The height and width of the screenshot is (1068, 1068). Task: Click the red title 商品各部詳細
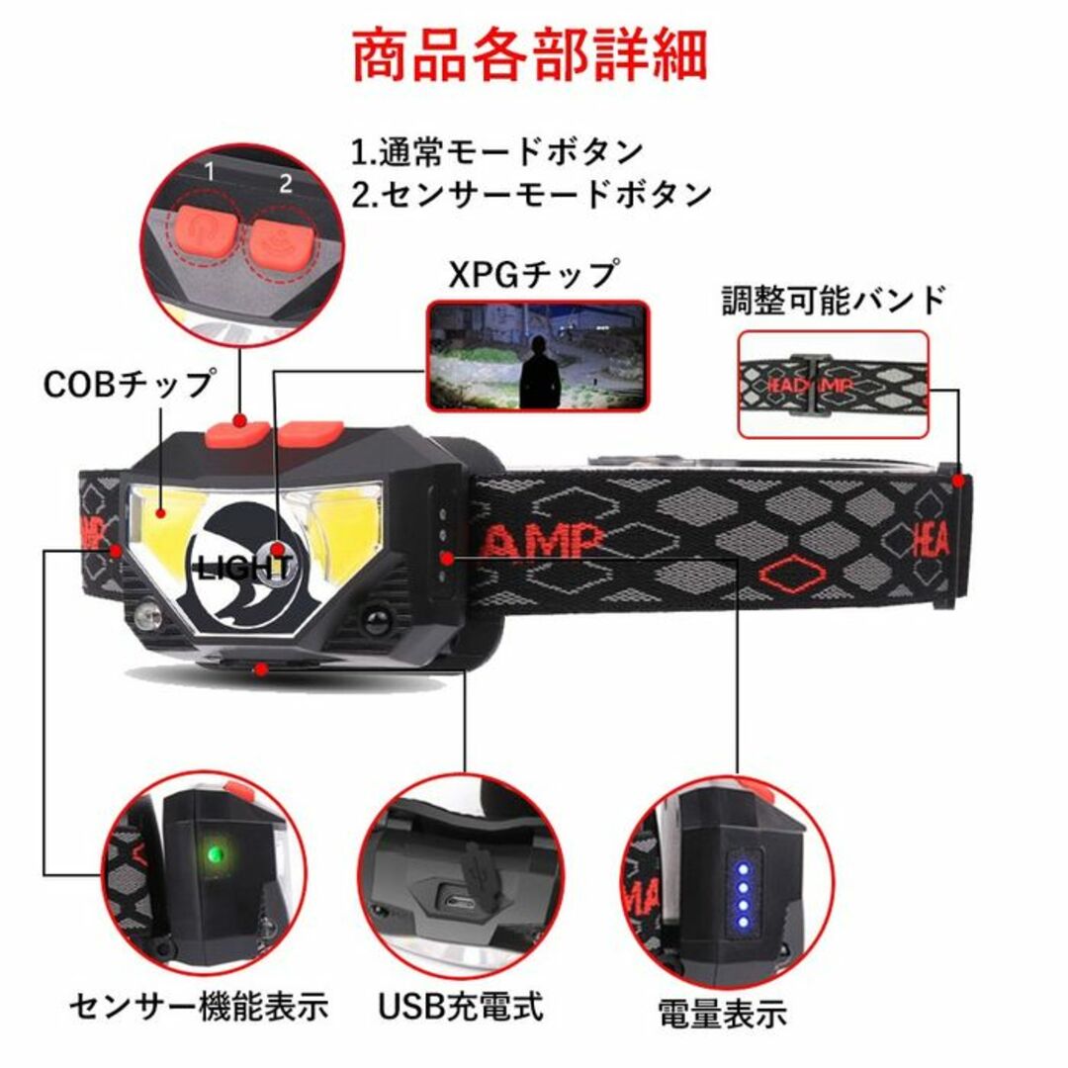point(530,54)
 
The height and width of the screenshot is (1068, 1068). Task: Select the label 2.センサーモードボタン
point(532,194)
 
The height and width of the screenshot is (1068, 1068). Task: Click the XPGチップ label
point(533,275)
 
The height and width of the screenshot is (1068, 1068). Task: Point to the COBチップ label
point(129,385)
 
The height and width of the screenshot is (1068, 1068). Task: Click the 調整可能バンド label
point(834,301)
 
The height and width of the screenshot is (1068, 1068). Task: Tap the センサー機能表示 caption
point(199,1007)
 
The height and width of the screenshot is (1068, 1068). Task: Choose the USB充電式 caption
point(461,1007)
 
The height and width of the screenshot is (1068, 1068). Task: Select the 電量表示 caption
point(723,1013)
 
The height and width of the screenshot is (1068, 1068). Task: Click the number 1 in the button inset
point(210,171)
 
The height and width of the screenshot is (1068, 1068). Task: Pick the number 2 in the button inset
point(286,183)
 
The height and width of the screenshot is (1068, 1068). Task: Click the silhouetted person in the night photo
point(540,372)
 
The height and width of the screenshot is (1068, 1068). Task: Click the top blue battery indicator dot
point(744,870)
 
